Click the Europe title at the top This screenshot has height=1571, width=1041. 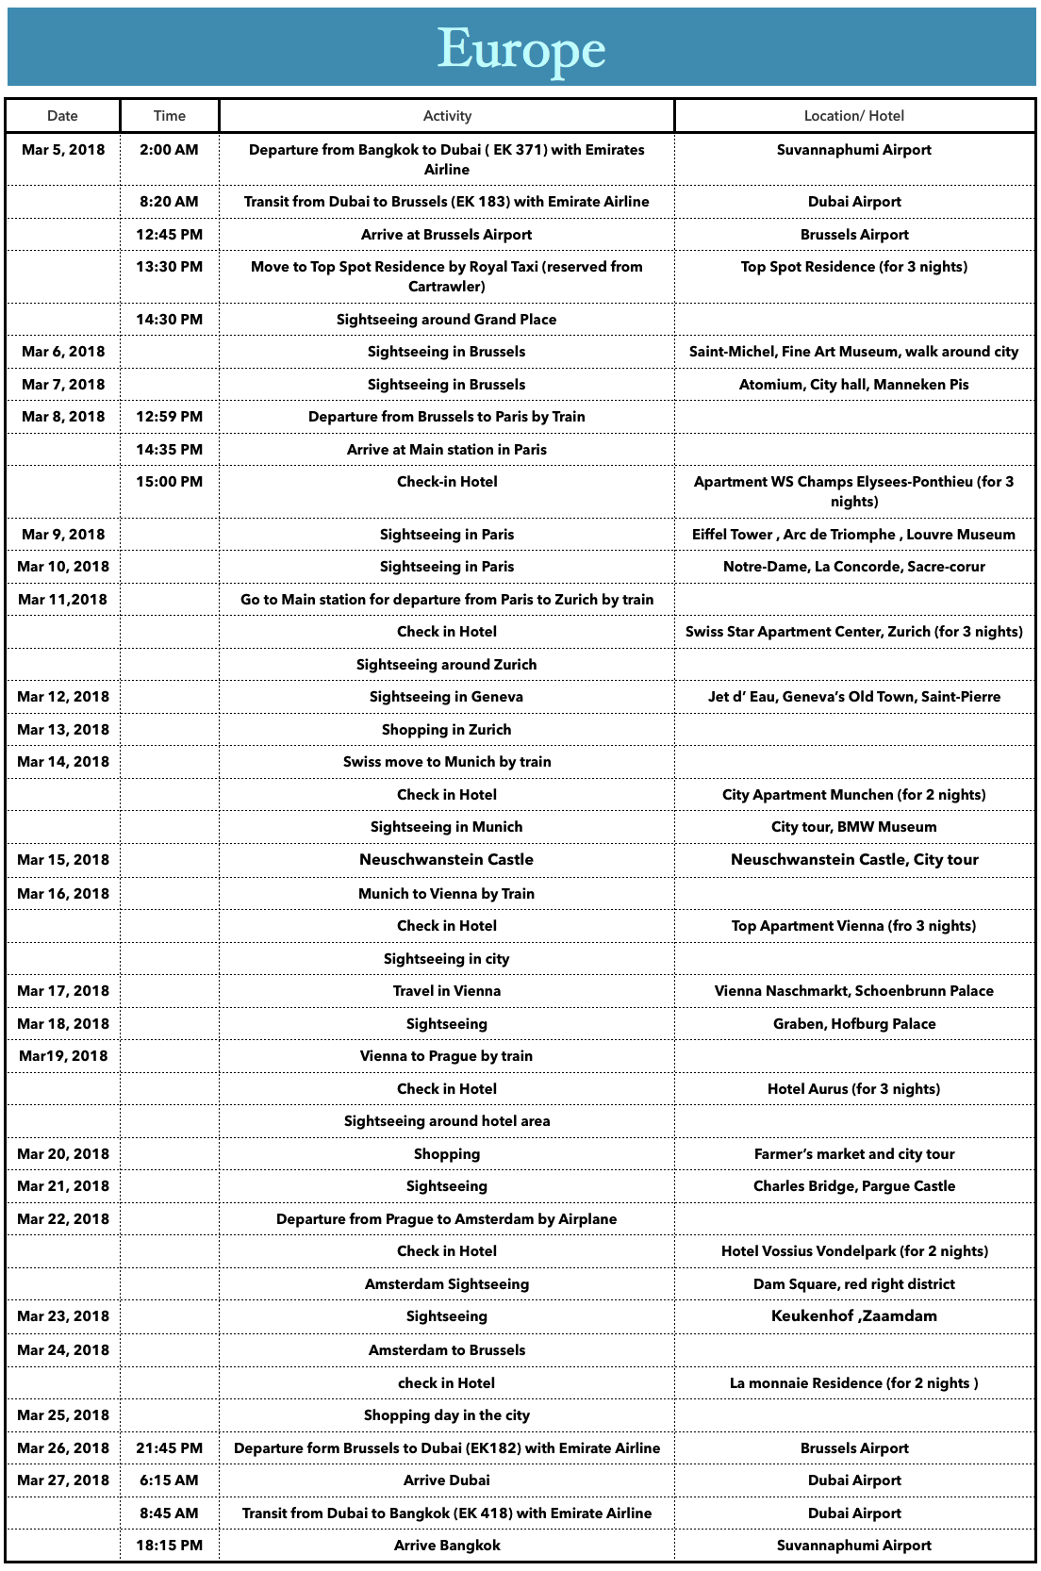(x=520, y=49)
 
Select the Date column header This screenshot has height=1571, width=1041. (x=62, y=116)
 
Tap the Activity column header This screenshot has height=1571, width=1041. (x=447, y=116)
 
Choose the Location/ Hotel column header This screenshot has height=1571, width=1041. (x=853, y=116)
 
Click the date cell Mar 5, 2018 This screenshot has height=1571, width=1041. (x=63, y=150)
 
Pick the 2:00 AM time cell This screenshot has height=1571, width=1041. (x=169, y=150)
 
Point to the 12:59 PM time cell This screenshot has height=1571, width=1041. (x=169, y=417)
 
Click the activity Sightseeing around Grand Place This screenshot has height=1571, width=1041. (x=446, y=320)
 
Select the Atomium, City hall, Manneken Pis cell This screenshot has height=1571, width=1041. (x=853, y=385)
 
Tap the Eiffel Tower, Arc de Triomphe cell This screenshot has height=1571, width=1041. (x=853, y=535)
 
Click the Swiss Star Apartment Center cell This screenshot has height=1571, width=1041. (x=853, y=632)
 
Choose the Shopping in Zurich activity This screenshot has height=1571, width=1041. (x=446, y=730)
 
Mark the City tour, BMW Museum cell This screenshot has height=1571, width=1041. (x=853, y=827)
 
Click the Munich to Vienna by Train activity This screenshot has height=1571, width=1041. (x=446, y=894)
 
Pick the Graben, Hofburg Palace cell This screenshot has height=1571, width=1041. (x=853, y=1024)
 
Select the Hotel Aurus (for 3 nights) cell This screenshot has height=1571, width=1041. (x=853, y=1089)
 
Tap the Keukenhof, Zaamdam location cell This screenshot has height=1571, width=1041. (x=853, y=1316)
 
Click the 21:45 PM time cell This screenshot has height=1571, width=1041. (x=169, y=1448)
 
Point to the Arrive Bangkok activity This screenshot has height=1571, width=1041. (x=446, y=1546)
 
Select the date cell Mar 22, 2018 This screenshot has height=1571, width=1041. (x=63, y=1219)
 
